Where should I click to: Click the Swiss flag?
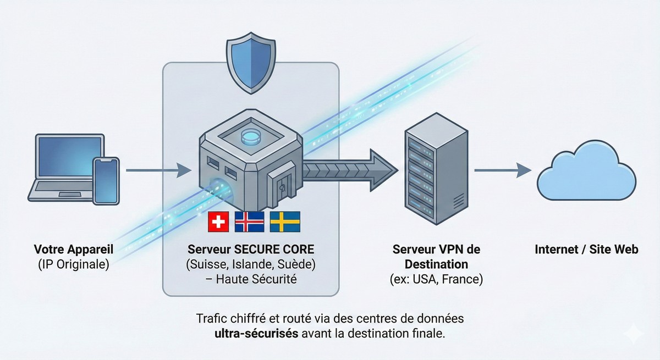pos(218,221)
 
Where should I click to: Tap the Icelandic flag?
pos(249,221)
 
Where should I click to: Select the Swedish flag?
pos(284,221)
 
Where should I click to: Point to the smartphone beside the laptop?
pos(106,181)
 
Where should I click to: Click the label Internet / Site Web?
pos(586,249)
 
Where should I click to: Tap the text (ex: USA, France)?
pos(436,279)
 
